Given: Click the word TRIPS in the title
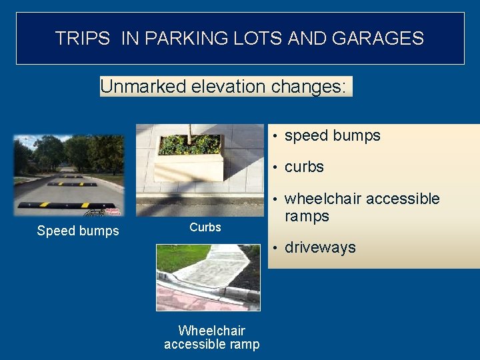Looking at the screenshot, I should (x=82, y=38).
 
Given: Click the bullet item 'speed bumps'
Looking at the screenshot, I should (x=332, y=135).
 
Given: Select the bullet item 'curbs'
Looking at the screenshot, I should (x=304, y=167).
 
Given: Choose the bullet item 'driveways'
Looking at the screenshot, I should (x=320, y=247).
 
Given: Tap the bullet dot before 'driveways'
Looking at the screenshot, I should (x=275, y=248).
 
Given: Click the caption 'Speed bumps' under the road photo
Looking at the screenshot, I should (x=78, y=231).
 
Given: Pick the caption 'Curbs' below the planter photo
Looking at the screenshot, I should (x=205, y=227).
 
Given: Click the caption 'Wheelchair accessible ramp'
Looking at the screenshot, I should (x=211, y=337).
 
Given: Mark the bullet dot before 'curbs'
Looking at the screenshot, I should (x=275, y=167).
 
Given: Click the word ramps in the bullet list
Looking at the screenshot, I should (x=307, y=216).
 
